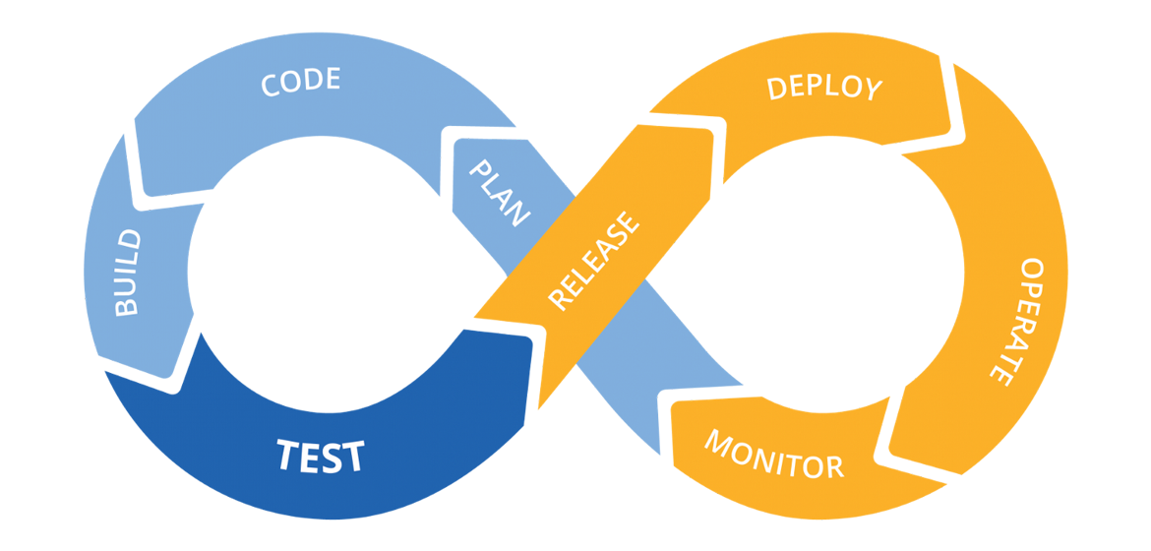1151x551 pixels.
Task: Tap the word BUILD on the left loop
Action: pyautogui.click(x=128, y=273)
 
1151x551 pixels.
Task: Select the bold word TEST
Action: pyautogui.click(x=321, y=457)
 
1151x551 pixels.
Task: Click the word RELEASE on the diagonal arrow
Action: pyautogui.click(x=593, y=262)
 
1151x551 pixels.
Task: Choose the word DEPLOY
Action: pyautogui.click(x=824, y=87)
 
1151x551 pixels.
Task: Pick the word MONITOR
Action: pyautogui.click(x=773, y=454)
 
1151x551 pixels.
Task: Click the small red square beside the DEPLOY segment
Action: pyautogui.click(x=953, y=135)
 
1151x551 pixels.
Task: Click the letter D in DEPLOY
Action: pyautogui.click(x=776, y=87)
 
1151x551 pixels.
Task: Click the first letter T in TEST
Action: pyautogui.click(x=288, y=456)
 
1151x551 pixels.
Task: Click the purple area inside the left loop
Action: pyautogui.click(x=354, y=295)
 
